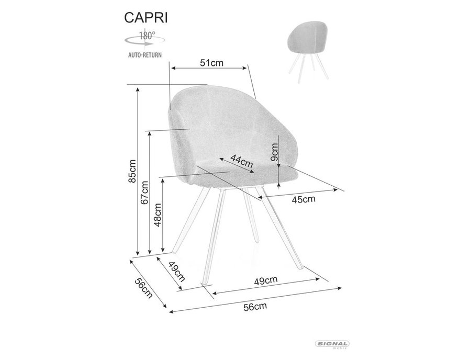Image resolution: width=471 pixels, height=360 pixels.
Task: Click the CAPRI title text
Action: (x=146, y=18)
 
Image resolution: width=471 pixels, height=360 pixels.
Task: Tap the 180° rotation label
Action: (x=147, y=36)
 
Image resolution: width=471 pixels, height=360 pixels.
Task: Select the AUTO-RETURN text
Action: (x=145, y=55)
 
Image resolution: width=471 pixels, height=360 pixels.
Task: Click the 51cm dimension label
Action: (x=212, y=63)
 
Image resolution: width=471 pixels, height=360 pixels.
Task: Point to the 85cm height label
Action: (x=132, y=171)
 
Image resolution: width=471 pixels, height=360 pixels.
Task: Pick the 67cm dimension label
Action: (x=144, y=193)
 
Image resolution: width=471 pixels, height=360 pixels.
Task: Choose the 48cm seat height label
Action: (x=158, y=215)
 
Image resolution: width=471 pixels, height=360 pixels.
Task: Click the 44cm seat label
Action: (x=242, y=161)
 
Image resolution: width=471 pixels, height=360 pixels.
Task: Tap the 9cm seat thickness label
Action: (x=274, y=152)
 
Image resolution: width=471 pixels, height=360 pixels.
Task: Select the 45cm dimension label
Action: (x=304, y=199)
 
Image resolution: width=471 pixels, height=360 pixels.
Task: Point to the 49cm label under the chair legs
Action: (x=265, y=280)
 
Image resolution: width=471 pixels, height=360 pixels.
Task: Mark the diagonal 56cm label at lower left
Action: (x=144, y=288)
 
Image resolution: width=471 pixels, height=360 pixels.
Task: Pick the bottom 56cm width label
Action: (x=255, y=307)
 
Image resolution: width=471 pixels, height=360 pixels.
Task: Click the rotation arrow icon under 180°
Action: (x=145, y=41)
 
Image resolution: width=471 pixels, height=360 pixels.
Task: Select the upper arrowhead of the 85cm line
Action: (x=138, y=89)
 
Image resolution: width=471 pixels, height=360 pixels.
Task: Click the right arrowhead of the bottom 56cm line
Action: (x=340, y=288)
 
